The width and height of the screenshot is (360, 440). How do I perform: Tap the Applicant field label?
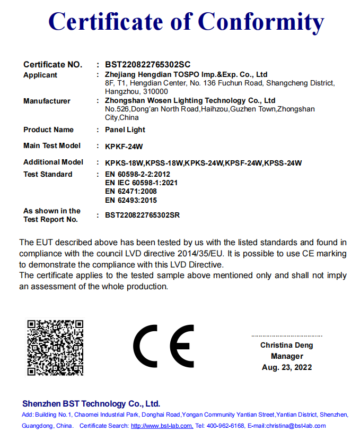(40, 75)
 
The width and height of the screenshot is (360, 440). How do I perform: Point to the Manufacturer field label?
(47, 101)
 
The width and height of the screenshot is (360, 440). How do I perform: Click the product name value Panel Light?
(125, 130)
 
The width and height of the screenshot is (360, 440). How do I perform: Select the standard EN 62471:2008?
(131, 191)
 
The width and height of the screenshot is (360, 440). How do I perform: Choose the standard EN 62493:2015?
(131, 200)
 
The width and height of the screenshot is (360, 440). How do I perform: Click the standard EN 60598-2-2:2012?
(137, 174)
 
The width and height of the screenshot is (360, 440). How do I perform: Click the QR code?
(55, 347)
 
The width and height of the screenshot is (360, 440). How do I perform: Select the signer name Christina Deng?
(286, 345)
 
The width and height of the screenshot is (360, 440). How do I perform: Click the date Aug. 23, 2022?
(286, 367)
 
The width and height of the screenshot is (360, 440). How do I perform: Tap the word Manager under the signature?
(286, 356)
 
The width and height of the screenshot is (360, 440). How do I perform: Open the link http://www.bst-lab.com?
(161, 426)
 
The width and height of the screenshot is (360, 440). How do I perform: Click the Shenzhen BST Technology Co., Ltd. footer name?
(91, 403)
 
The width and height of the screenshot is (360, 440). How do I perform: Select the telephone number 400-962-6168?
(226, 426)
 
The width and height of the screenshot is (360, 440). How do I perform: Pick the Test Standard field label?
(48, 174)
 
